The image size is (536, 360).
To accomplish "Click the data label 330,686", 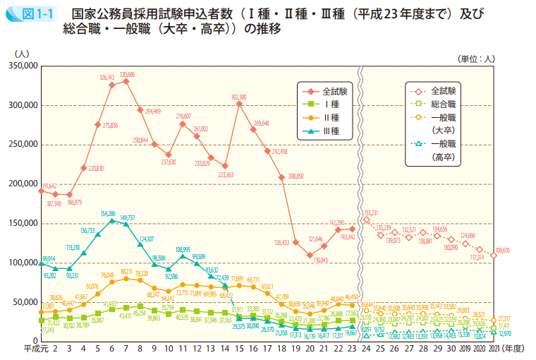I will (128, 74).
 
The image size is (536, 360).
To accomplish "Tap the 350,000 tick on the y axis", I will (22, 66).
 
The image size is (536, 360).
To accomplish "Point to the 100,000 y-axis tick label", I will (22, 263).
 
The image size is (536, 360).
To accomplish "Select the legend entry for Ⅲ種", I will (331, 131).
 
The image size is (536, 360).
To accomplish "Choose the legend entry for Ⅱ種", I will (331, 118).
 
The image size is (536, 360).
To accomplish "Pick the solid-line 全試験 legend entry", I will (334, 91).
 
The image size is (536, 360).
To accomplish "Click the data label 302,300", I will (238, 97).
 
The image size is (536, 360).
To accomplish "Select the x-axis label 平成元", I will (33, 348).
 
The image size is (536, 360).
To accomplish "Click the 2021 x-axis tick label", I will (494, 348).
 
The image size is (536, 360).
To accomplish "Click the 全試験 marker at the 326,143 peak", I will (111, 85).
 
